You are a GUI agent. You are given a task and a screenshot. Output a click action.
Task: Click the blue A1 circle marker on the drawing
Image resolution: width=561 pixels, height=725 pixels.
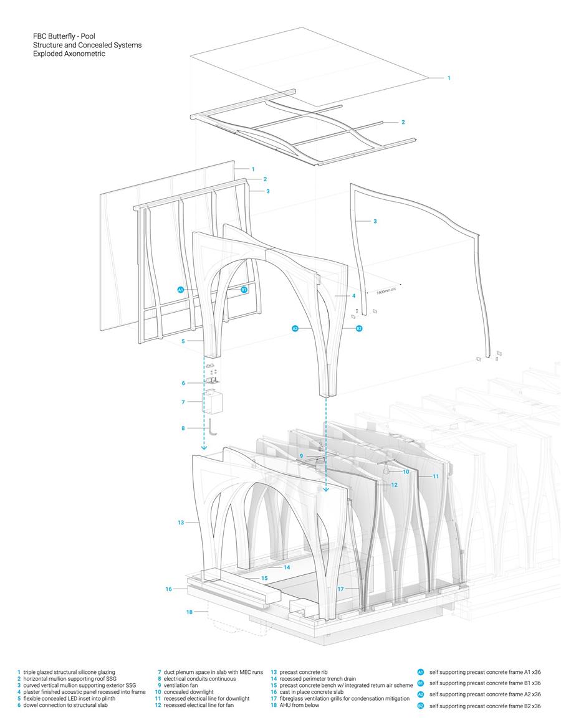[180, 290]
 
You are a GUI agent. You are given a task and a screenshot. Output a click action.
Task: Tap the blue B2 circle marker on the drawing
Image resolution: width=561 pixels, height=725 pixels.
[359, 328]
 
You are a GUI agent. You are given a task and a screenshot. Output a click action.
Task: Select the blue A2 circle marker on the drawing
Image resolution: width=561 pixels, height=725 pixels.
[295, 328]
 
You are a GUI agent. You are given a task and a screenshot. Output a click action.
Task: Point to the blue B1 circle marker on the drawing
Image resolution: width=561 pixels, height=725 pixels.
[244, 290]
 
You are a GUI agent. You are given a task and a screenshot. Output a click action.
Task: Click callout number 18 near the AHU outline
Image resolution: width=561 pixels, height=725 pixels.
[189, 612]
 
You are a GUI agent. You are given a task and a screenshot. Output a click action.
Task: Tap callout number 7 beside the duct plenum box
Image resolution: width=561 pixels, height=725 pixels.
[183, 402]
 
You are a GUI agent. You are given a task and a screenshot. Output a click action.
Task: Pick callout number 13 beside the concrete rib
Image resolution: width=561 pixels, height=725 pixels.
[181, 523]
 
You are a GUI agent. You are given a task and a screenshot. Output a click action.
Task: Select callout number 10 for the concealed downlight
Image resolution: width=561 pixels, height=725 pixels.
[406, 472]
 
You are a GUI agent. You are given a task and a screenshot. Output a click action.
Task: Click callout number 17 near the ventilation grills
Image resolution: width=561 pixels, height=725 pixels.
[340, 589]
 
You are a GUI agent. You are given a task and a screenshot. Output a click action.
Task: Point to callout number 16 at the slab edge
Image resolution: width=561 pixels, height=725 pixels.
[168, 589]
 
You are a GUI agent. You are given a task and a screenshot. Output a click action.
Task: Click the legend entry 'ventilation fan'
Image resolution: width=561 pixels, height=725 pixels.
[181, 684]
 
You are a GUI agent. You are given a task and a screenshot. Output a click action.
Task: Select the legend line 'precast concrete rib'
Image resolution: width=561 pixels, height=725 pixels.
[304, 672]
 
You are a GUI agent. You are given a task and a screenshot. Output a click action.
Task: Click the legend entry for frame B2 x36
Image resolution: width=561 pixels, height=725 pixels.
[484, 706]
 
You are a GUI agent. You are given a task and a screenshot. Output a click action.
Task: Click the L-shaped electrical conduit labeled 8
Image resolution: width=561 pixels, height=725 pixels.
[213, 429]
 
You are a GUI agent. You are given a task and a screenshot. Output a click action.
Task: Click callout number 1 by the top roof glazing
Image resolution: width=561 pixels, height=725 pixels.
[448, 78]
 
